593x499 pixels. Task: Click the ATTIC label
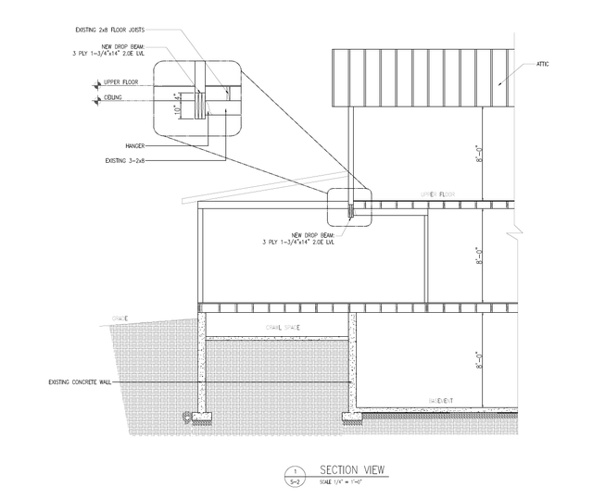point(545,65)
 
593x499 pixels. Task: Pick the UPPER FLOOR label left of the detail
point(120,81)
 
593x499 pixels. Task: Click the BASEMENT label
point(441,400)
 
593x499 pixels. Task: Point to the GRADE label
point(119,318)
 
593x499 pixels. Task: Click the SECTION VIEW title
point(347,469)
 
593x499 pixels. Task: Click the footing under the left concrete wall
point(198,416)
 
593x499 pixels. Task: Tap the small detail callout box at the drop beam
point(348,206)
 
